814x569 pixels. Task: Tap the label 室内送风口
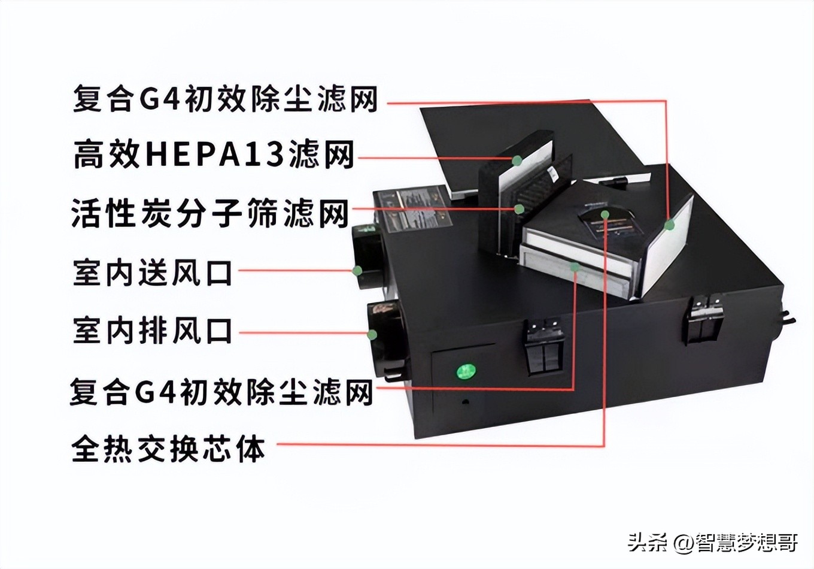153,273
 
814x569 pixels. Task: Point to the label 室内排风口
153,331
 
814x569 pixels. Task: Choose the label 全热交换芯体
168,449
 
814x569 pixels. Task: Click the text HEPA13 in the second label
214,155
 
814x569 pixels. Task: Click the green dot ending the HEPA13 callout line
517,160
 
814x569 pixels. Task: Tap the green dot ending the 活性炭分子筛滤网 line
519,208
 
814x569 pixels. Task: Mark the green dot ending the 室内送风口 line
357,270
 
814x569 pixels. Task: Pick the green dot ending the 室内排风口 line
372,334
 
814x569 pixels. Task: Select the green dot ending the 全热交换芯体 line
605,214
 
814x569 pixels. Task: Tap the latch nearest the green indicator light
544,346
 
